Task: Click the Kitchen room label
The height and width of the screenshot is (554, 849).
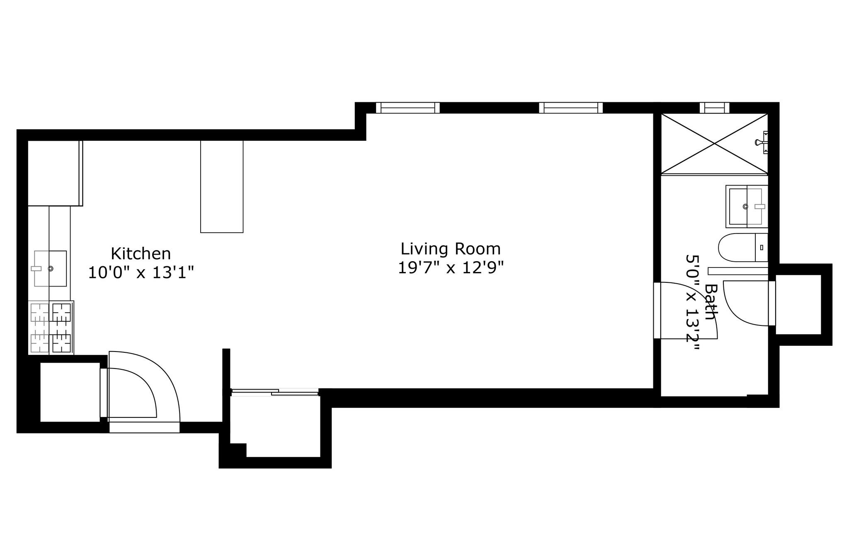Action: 141,253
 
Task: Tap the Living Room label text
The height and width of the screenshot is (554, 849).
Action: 450,249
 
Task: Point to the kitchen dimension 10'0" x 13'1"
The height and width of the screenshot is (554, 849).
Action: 141,272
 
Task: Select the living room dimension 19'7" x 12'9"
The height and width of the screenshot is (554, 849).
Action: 450,267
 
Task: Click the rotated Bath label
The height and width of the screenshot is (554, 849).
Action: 711,301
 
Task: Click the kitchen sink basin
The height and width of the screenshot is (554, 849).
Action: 50,268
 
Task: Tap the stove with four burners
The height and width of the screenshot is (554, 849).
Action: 51,328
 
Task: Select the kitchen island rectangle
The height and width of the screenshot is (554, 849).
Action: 221,186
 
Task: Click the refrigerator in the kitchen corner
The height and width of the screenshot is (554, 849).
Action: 54,173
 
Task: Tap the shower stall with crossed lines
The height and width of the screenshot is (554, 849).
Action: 714,144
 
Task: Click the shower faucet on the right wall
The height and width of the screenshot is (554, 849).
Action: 762,142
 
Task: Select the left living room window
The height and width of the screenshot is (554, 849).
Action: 408,108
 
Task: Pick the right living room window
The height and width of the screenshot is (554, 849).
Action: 571,108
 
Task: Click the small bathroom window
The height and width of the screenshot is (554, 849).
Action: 714,108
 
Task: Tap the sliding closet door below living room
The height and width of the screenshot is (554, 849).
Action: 274,392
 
